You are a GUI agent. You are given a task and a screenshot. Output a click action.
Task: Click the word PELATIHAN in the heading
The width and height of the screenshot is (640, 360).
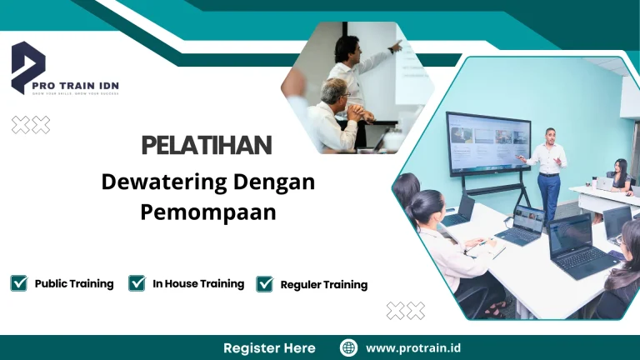(x=207, y=145)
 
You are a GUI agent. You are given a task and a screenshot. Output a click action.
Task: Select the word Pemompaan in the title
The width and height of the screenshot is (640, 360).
(x=207, y=212)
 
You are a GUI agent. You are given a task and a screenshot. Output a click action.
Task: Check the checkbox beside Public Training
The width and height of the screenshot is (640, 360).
(x=19, y=283)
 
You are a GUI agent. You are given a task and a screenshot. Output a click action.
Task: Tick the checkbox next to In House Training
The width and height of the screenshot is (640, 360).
(x=137, y=283)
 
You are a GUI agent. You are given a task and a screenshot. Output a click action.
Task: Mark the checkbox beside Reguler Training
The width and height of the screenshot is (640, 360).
(x=265, y=284)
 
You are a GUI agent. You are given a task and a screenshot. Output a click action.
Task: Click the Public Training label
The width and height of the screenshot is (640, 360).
(x=74, y=283)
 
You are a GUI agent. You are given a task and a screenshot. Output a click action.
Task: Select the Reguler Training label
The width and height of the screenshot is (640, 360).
(x=323, y=285)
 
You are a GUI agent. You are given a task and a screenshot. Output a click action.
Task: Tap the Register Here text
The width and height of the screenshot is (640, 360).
(x=269, y=347)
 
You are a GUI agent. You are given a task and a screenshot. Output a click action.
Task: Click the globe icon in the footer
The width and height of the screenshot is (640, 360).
(x=349, y=347)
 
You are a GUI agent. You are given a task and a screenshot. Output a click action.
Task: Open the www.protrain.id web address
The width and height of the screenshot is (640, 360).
(x=414, y=347)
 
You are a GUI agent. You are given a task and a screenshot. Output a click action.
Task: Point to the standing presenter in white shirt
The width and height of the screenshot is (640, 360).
(x=547, y=171)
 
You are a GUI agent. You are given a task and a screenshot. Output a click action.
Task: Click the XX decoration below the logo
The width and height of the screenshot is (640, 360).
(x=31, y=125)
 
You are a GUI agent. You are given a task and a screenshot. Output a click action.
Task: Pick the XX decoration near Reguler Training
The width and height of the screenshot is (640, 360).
(x=406, y=311)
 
